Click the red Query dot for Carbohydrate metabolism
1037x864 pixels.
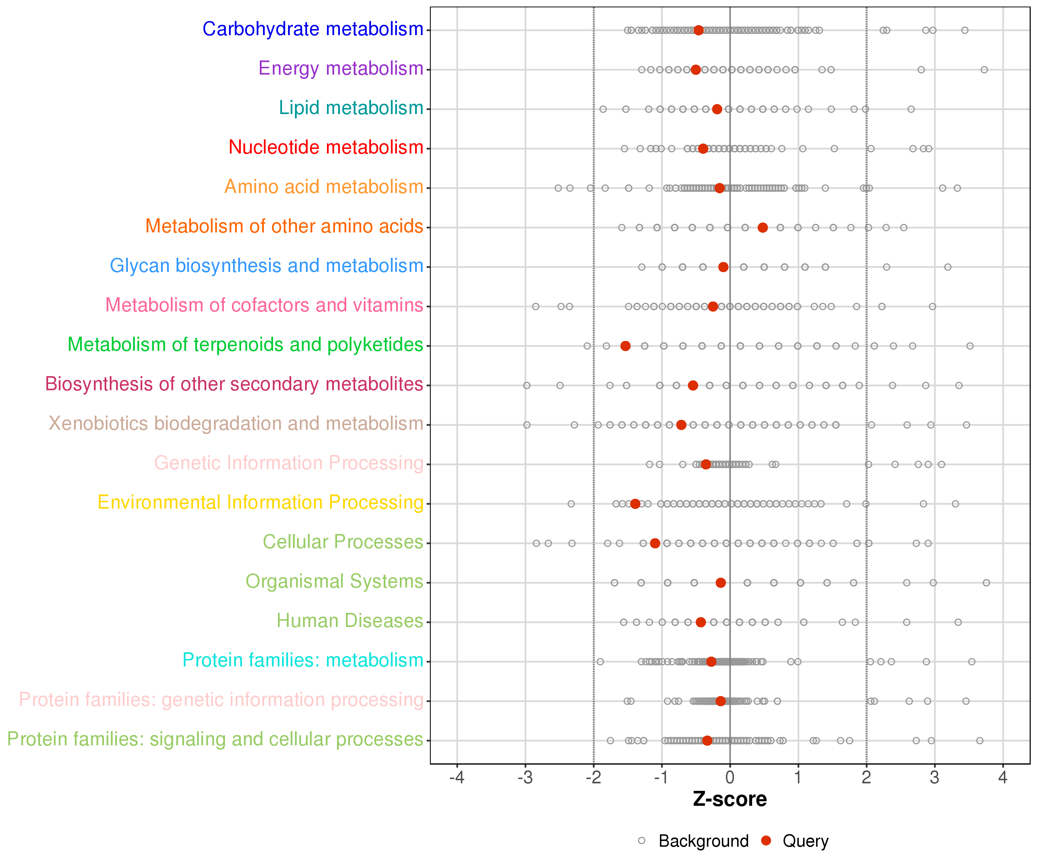(698, 30)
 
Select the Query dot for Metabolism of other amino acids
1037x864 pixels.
(762, 228)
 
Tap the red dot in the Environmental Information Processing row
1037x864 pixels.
(635, 504)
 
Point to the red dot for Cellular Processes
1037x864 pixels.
(655, 543)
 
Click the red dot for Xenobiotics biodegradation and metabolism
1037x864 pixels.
(681, 425)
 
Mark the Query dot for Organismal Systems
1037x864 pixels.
(720, 583)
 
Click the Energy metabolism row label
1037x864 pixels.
(341, 69)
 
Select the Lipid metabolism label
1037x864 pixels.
(351, 108)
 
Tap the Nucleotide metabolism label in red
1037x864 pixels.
(326, 147)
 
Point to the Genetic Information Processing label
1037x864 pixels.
(289, 463)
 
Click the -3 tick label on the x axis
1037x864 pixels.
(525, 778)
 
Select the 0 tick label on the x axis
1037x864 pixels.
(730, 778)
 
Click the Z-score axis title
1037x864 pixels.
(730, 799)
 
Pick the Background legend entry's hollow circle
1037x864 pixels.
(641, 840)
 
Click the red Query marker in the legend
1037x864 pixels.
(766, 840)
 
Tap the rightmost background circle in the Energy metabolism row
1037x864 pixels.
(984, 70)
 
